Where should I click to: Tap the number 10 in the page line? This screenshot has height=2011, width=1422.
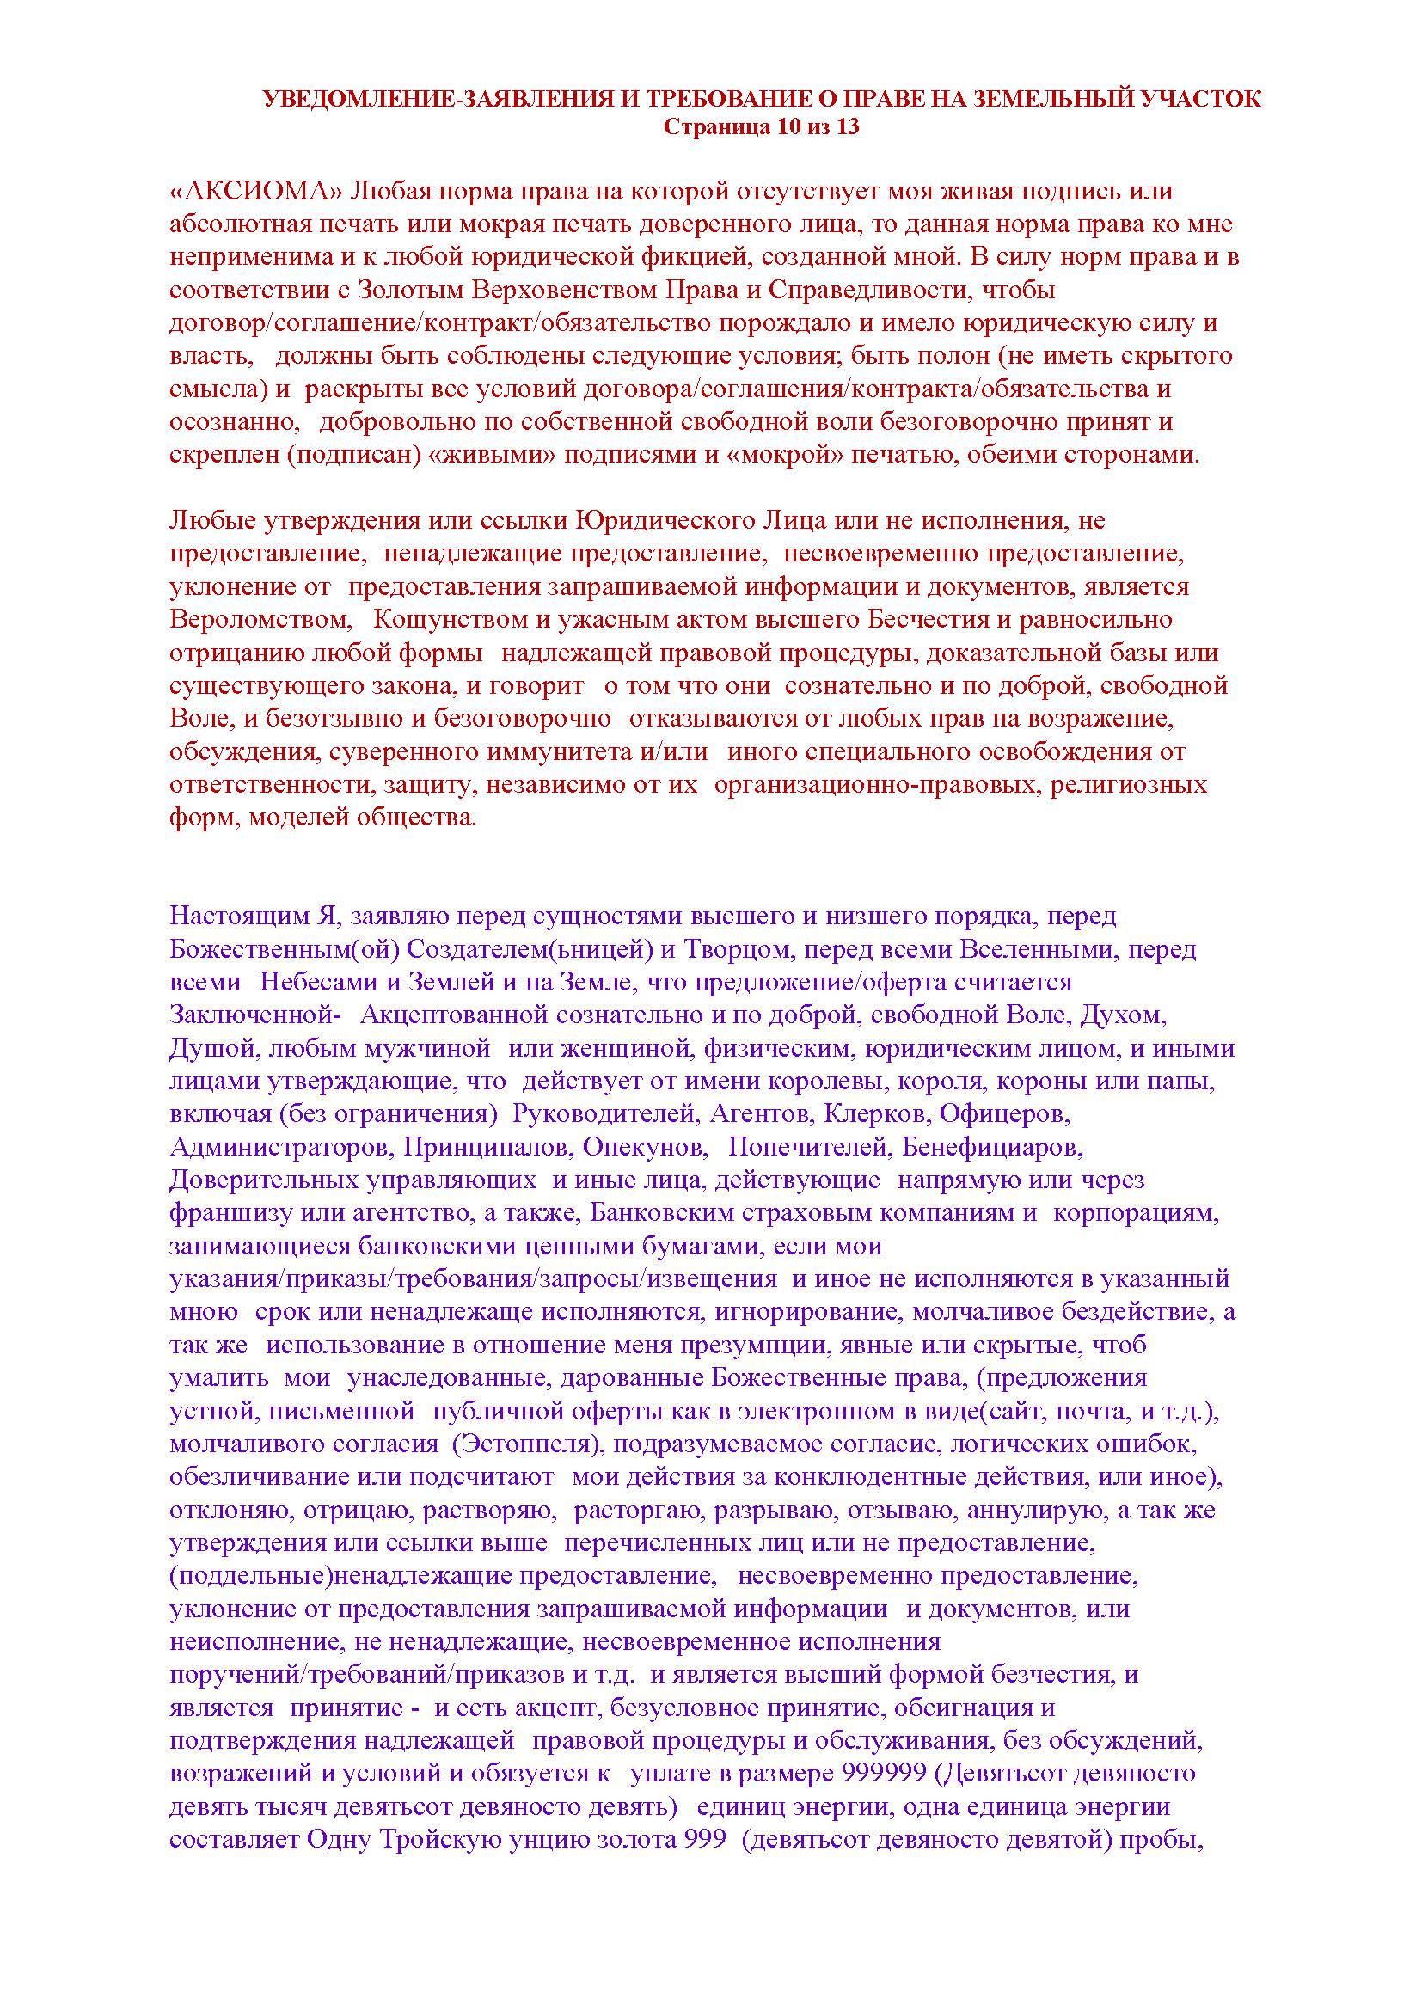tap(785, 127)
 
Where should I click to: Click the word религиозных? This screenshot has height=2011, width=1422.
tap(1129, 785)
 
